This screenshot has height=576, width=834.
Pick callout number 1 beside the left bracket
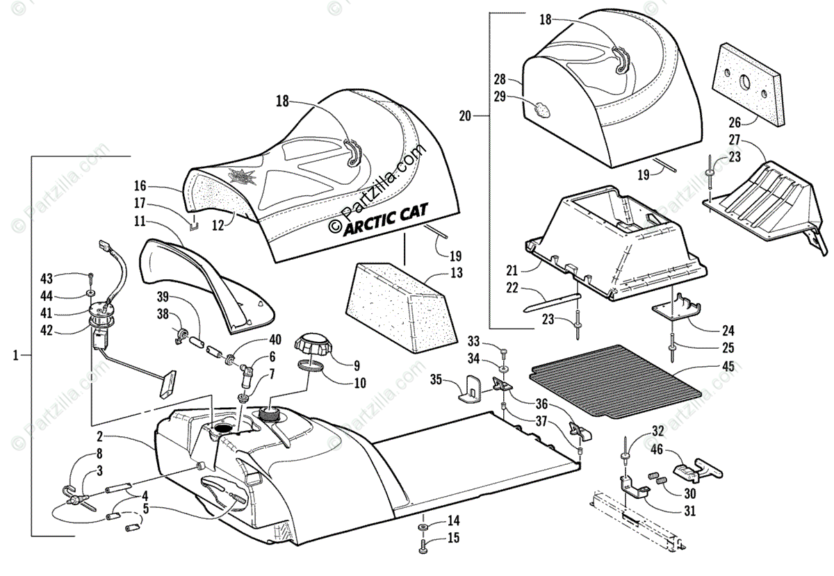15,355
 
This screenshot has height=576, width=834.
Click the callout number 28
500,79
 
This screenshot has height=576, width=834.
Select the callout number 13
456,273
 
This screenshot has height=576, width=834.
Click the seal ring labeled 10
311,366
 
